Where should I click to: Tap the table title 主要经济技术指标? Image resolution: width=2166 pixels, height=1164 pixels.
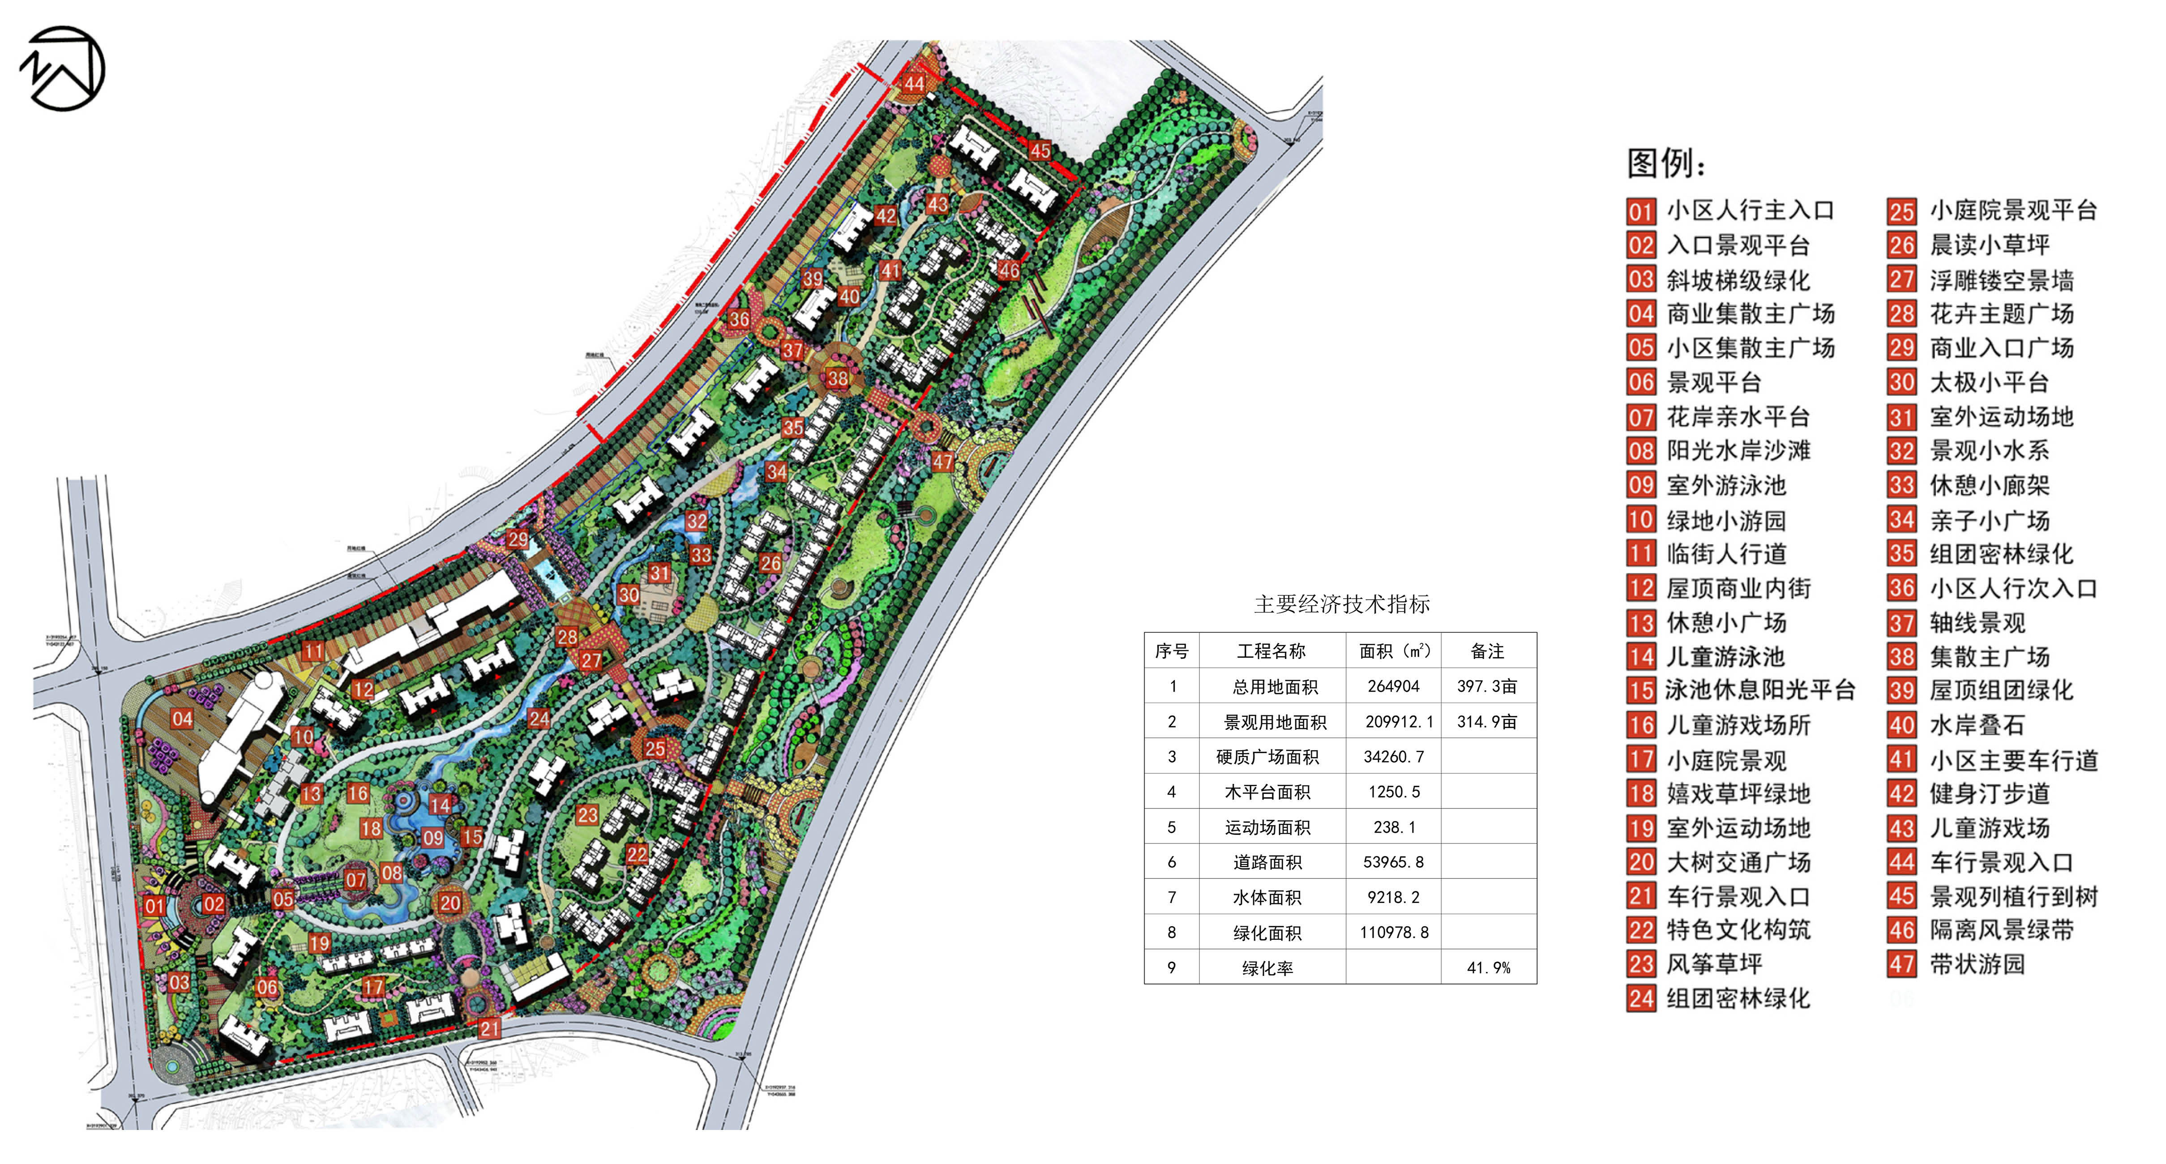[x=1341, y=604]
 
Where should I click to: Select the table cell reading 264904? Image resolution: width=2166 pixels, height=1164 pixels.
[x=1393, y=686]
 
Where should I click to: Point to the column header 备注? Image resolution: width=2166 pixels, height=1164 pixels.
[x=1487, y=651]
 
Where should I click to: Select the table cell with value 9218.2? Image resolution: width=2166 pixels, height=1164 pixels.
[x=1393, y=897]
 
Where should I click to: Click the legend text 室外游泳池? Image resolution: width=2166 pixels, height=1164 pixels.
[x=1726, y=485]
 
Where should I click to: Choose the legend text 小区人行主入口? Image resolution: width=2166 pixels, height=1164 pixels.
[x=1751, y=210]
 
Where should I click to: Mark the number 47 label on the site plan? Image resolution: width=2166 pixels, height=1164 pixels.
[x=942, y=462]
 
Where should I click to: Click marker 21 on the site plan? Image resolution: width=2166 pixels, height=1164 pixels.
[x=489, y=1028]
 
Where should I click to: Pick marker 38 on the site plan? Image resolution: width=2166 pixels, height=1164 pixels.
[x=838, y=378]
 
